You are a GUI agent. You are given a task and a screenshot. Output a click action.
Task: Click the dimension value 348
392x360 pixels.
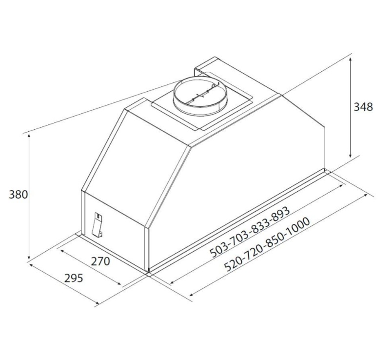[x=363, y=107]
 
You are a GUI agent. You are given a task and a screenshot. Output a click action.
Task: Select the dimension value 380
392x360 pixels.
[x=19, y=195]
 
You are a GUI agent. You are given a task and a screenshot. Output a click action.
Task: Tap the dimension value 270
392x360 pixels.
[x=100, y=261]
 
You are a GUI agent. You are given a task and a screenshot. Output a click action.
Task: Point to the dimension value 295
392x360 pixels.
[x=74, y=278]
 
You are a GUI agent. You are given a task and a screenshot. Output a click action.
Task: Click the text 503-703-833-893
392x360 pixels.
[x=250, y=232]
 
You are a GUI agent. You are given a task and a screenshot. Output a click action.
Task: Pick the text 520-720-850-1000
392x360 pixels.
[x=267, y=244]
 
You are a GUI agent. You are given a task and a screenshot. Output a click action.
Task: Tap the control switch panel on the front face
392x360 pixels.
[x=98, y=224]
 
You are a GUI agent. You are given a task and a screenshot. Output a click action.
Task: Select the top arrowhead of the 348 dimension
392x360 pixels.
[x=351, y=60]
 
